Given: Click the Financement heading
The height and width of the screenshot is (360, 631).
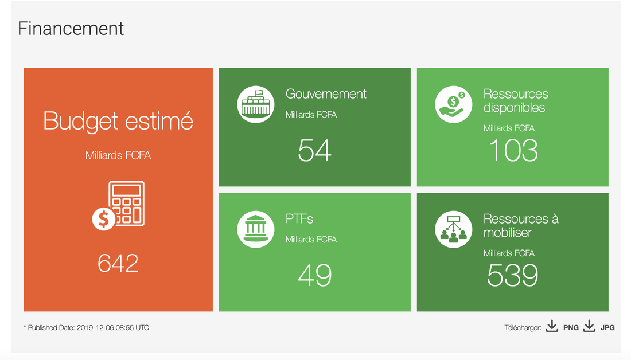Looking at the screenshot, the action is pyautogui.click(x=71, y=29).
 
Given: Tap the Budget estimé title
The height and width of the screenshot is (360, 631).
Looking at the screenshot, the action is pyautogui.click(x=118, y=121).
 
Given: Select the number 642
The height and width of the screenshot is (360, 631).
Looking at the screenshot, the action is pyautogui.click(x=118, y=263).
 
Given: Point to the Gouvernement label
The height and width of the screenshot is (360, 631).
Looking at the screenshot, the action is pyautogui.click(x=326, y=93).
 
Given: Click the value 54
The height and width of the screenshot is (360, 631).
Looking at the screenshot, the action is pyautogui.click(x=315, y=150).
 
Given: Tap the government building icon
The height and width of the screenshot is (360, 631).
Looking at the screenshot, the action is pyautogui.click(x=255, y=104).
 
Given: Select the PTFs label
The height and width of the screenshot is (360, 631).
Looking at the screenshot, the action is pyautogui.click(x=299, y=218).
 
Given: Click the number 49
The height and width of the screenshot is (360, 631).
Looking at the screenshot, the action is pyautogui.click(x=315, y=275).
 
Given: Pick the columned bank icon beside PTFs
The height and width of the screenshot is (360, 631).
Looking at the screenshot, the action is pyautogui.click(x=255, y=229).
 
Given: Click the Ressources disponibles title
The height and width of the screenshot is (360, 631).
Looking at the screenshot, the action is pyautogui.click(x=516, y=100).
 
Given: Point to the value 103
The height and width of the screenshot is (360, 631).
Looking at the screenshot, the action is pyautogui.click(x=513, y=150).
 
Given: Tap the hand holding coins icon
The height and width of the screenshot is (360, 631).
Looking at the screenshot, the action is pyautogui.click(x=454, y=104).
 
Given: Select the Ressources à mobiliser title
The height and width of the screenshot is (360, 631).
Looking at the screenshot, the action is pyautogui.click(x=521, y=225).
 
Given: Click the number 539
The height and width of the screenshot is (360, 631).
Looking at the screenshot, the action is pyautogui.click(x=513, y=275).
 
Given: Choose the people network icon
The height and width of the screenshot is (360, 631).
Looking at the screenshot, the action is pyautogui.click(x=454, y=229).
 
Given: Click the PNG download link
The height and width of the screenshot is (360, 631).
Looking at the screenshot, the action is pyautogui.click(x=571, y=328).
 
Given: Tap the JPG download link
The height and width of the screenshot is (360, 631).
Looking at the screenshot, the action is pyautogui.click(x=607, y=328).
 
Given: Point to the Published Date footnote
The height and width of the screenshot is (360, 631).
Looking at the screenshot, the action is pyautogui.click(x=86, y=328).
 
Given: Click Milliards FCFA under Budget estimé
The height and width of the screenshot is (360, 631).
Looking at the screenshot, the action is pyautogui.click(x=118, y=156).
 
